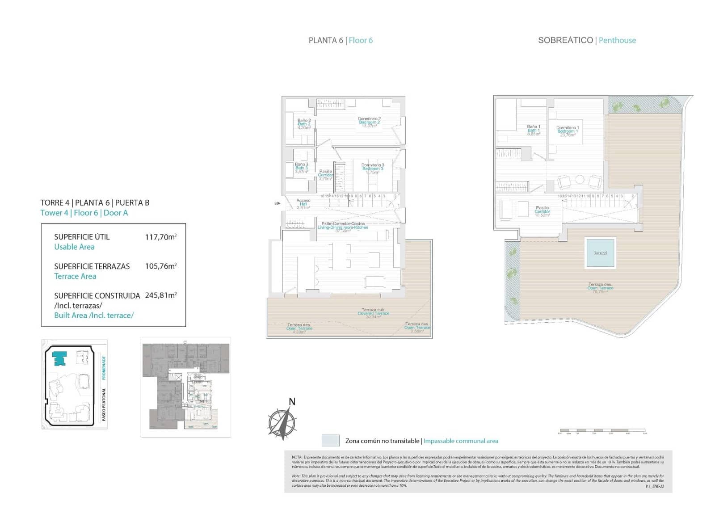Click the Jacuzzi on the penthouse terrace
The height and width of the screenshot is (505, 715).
tap(600, 253)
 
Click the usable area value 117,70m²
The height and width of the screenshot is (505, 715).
tap(160, 237)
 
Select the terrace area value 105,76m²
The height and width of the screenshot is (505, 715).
tap(160, 266)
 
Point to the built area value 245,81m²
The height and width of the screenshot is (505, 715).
tap(160, 295)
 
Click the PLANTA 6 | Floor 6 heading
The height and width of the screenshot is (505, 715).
tap(341, 40)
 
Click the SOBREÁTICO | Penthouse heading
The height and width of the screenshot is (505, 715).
tap(587, 40)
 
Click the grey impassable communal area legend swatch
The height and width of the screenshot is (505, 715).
tap(330, 441)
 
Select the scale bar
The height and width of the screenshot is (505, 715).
tap(601, 431)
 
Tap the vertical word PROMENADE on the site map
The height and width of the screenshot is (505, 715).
tap(104, 367)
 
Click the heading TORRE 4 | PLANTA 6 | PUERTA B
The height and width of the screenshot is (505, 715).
tap(95, 202)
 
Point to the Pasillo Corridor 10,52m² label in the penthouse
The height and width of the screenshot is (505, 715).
tap(542, 211)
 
